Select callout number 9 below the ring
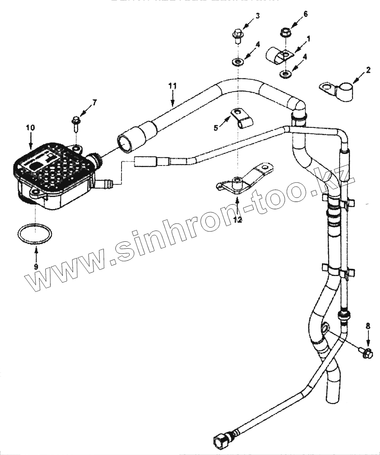[x=36, y=266]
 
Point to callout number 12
[x=237, y=220]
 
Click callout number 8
[x=368, y=326]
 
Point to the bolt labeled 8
[x=366, y=351]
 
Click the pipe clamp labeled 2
[x=334, y=90]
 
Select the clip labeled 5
[x=241, y=118]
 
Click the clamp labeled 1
[x=278, y=54]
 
